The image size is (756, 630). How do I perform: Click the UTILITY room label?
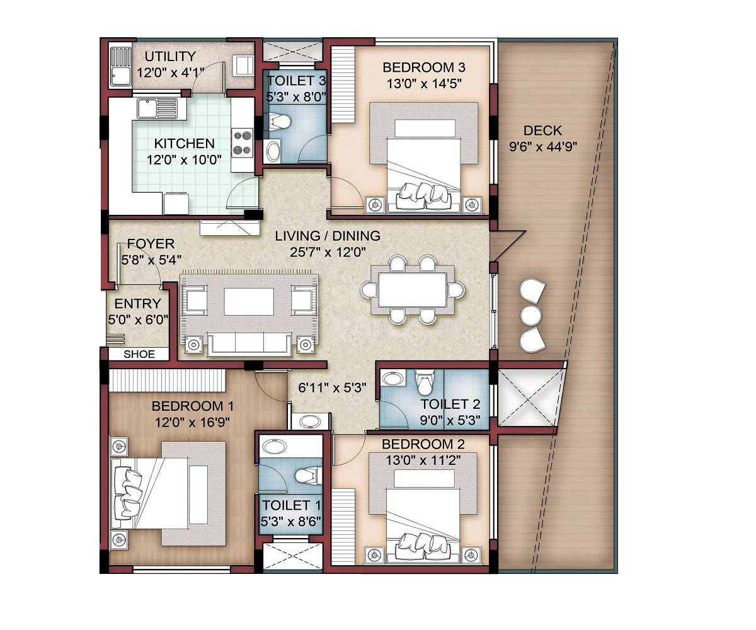tap(170, 57)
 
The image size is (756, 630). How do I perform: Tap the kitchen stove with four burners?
tap(242, 142)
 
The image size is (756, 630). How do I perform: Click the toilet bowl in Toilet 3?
tap(278, 122)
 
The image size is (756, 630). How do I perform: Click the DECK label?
tap(542, 131)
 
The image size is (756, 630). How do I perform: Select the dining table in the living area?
tap(413, 289)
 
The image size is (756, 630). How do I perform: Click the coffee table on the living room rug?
tap(249, 301)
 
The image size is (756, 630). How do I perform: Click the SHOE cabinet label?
tap(139, 354)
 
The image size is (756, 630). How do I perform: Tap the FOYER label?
tap(151, 244)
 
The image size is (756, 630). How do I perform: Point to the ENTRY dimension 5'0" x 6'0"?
tap(139, 319)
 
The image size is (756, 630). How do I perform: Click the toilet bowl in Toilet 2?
tap(425, 380)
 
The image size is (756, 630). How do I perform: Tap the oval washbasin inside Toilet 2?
tap(394, 380)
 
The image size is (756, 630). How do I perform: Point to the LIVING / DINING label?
tap(328, 236)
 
